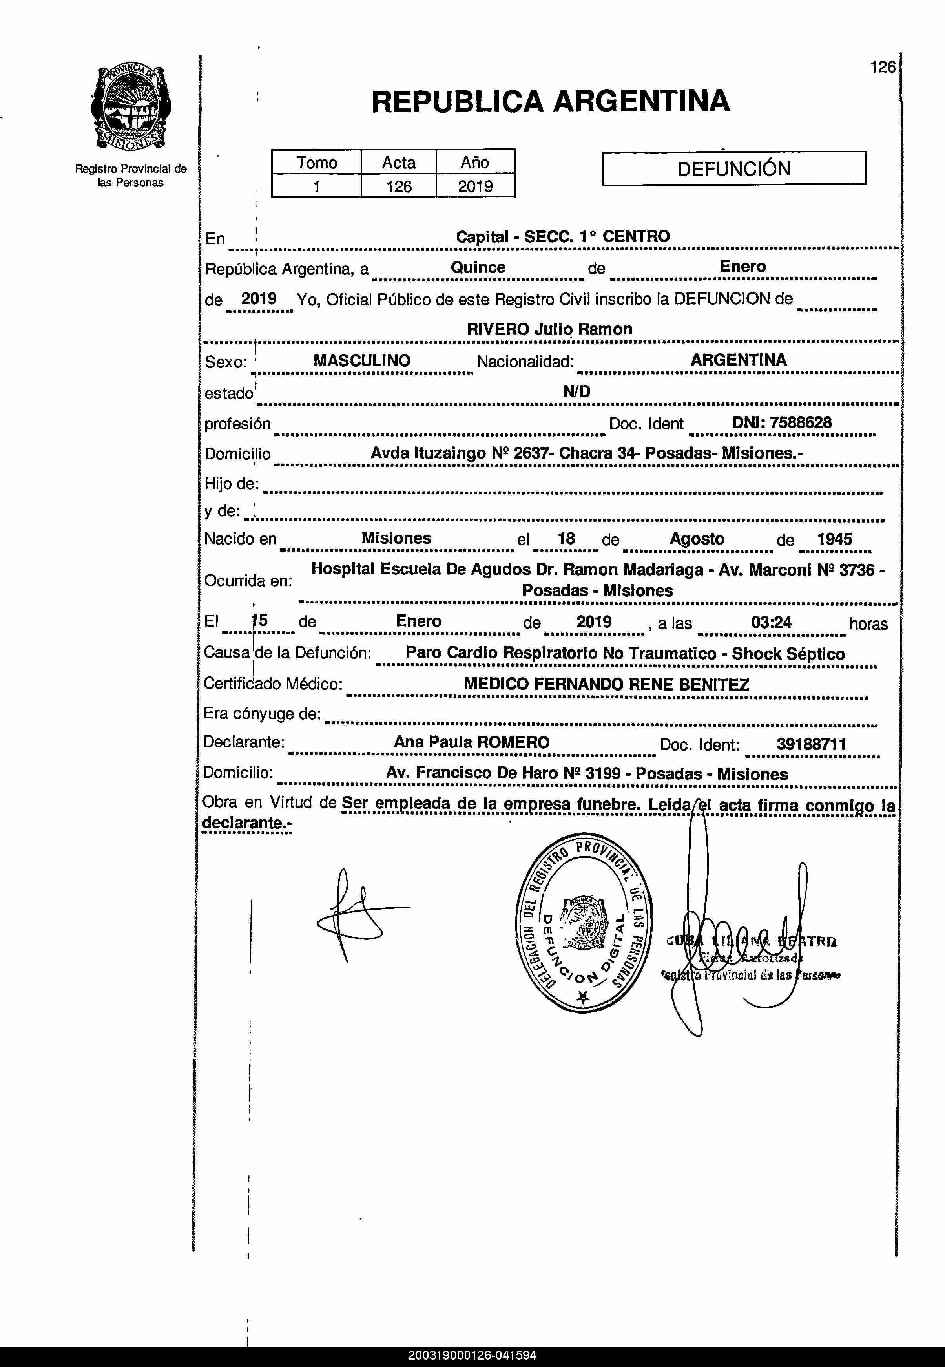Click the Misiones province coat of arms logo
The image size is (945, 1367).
[x=130, y=108]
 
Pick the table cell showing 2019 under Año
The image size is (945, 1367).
[x=475, y=186]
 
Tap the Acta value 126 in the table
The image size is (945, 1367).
[x=398, y=186]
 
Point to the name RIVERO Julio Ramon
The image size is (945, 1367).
[x=549, y=329]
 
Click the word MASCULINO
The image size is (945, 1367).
[x=362, y=361]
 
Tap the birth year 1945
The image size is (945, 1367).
[x=834, y=539]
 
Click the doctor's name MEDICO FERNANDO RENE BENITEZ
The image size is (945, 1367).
[x=606, y=685]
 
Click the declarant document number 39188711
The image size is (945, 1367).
[x=811, y=744]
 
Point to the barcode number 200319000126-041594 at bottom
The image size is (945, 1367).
[x=472, y=1356]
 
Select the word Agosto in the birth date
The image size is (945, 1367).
[x=697, y=539]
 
